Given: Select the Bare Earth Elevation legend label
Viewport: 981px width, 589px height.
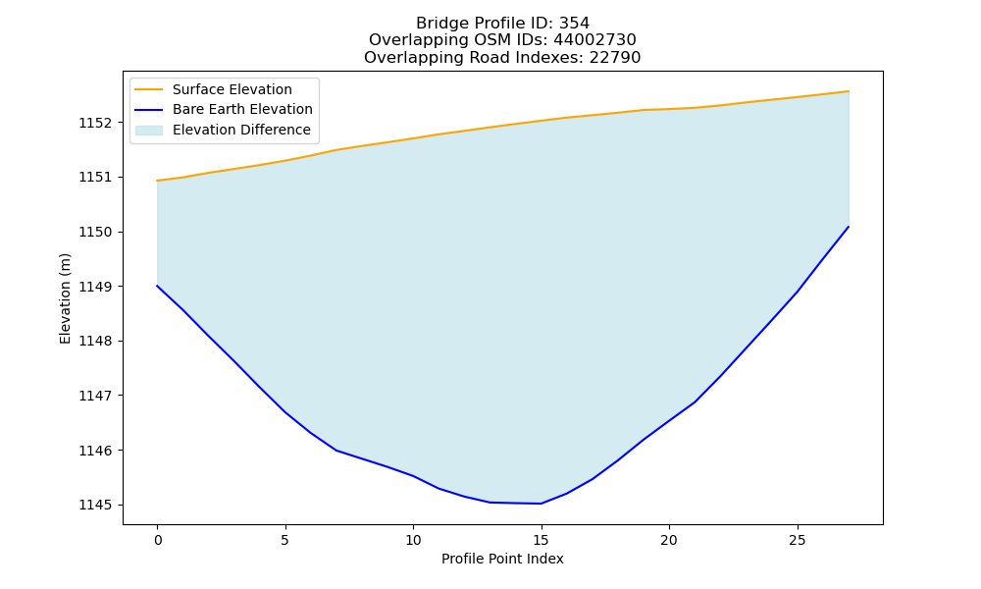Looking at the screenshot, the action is tap(242, 109).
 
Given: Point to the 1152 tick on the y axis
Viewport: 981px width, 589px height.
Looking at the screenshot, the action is tap(94, 123).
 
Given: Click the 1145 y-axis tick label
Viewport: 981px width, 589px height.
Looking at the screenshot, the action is tap(94, 506).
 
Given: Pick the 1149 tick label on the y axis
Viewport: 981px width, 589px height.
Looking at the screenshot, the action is tap(94, 287).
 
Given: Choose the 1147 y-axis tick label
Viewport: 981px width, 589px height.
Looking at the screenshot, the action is tap(94, 396).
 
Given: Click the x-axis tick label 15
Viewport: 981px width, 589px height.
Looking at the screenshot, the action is tap(542, 540).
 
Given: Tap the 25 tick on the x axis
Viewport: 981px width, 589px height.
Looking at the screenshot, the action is tap(797, 540).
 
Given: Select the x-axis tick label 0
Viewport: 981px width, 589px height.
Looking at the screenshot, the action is tap(158, 540).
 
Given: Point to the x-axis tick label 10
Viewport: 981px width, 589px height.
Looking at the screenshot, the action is tap(413, 540).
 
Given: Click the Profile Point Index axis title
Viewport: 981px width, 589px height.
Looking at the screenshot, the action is tap(502, 559).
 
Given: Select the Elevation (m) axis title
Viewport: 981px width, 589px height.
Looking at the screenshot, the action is tap(65, 298).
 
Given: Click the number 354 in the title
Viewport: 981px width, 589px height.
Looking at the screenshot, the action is tap(574, 24).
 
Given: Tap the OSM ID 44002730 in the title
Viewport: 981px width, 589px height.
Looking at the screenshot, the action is tap(594, 40).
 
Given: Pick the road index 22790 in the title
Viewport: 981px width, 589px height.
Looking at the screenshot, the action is tap(615, 58).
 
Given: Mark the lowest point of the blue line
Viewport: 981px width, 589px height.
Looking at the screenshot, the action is tap(542, 504).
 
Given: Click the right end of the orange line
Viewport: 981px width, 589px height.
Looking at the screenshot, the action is tap(849, 91).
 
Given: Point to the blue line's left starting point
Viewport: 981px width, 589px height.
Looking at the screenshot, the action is tap(157, 286).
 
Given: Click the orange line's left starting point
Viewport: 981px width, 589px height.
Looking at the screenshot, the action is tap(157, 181).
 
